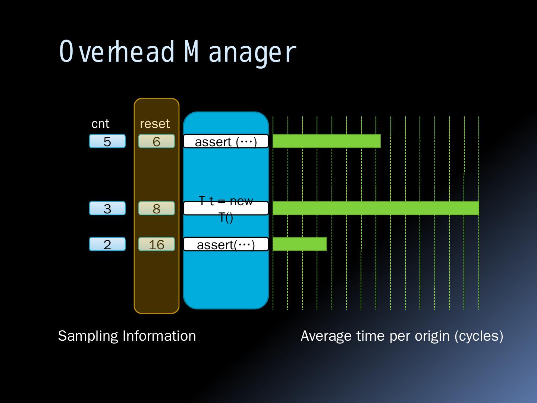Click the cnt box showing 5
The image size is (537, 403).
coord(107,141)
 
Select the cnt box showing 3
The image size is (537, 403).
coord(107,208)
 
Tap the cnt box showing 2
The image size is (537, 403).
coord(107,244)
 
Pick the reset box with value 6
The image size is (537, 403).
coord(157,141)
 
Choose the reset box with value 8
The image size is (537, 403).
coord(157,208)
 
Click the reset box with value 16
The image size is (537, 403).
coord(157,244)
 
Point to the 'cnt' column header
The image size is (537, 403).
coord(100,124)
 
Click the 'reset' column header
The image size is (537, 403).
coord(155,124)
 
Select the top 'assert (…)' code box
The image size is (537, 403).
coord(226,141)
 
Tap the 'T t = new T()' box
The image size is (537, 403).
coord(226,208)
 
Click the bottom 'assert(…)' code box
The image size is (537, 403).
coord(226,244)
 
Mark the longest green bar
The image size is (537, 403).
coord(376,208)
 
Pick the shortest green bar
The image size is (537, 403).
coord(300,244)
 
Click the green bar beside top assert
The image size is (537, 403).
coord(326,141)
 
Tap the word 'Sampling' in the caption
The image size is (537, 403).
coord(88,336)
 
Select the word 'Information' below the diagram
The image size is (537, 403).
coord(159,336)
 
